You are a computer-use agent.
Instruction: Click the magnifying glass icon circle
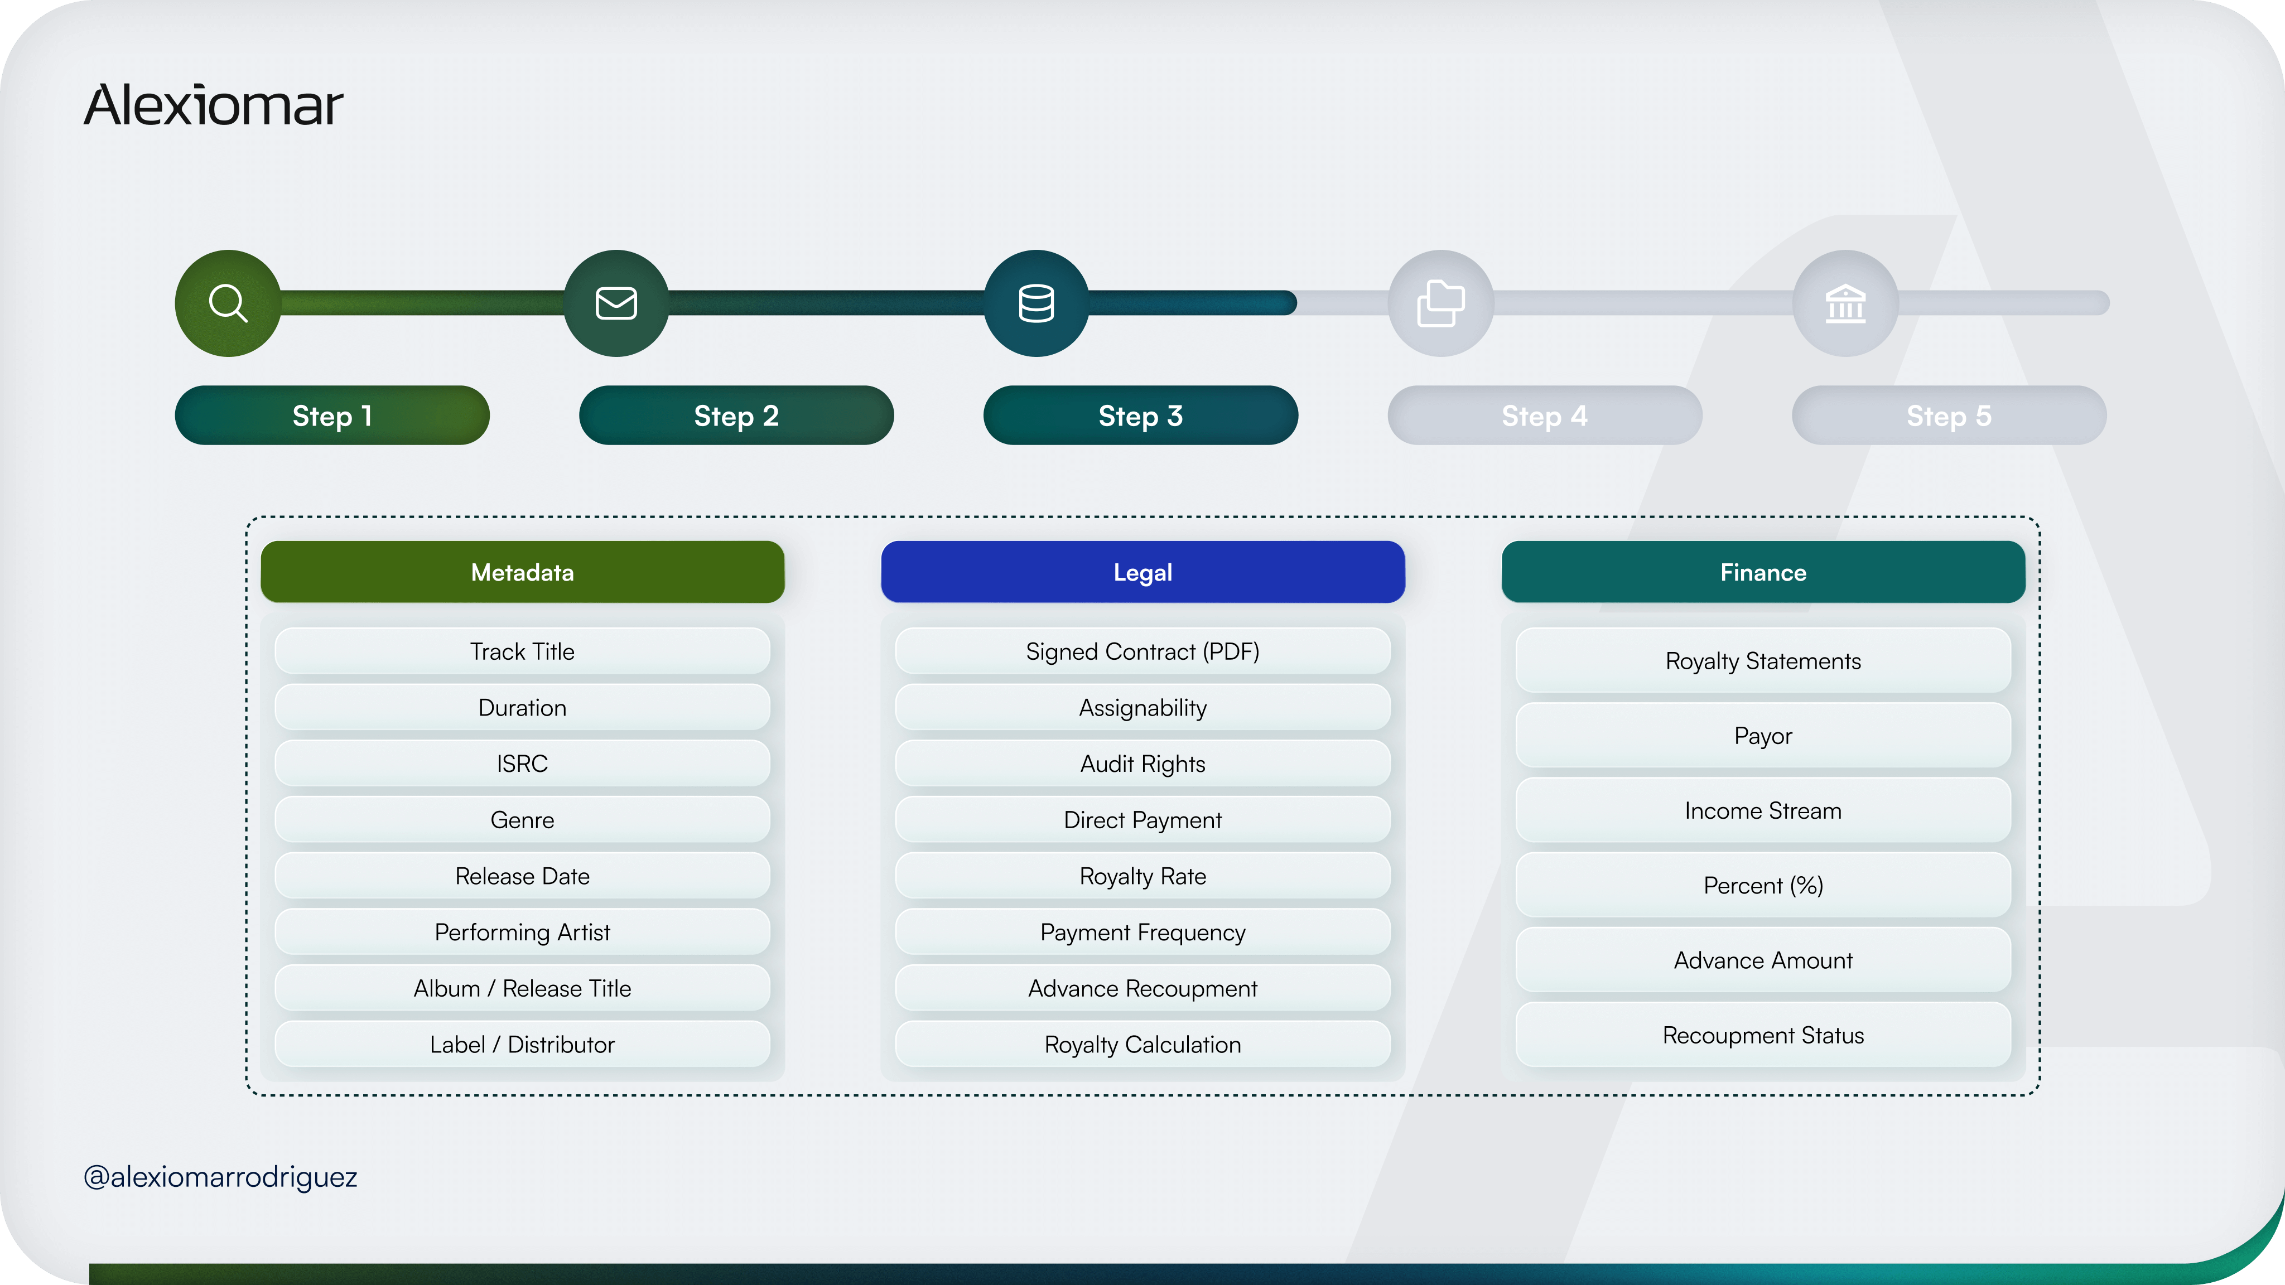(228, 303)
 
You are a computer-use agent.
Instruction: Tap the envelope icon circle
(616, 303)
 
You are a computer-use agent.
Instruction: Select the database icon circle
(1036, 303)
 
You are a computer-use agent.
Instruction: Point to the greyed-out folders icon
(1440, 303)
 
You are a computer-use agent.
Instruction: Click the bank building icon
(1845, 303)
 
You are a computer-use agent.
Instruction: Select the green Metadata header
(523, 572)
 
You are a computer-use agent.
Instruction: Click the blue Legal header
(1142, 572)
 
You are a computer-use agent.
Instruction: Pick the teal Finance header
(1762, 572)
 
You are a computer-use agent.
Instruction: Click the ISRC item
(523, 764)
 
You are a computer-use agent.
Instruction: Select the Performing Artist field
(523, 932)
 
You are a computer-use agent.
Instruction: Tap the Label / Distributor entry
(523, 1045)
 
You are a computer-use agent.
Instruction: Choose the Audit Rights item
(1142, 764)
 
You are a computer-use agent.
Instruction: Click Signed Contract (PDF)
(1142, 652)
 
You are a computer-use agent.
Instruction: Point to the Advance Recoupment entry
(1142, 988)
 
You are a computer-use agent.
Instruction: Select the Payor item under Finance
(1762, 736)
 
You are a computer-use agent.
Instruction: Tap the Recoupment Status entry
(1762, 1035)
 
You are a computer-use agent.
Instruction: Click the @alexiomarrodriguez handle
(220, 1177)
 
